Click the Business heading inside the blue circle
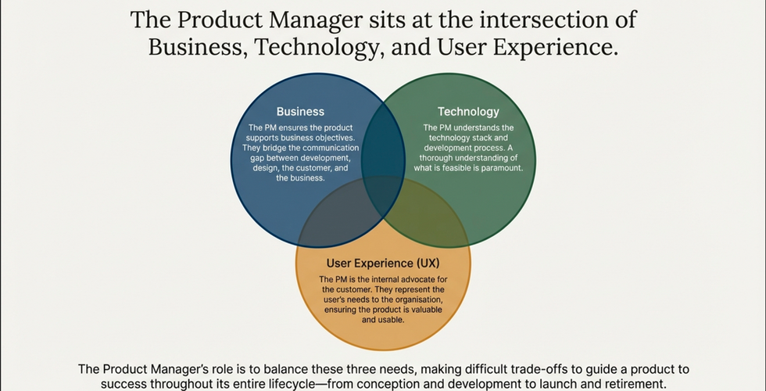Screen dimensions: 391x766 point(300,111)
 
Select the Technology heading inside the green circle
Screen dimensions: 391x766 point(468,111)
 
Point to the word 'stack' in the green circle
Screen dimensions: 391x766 point(478,138)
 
